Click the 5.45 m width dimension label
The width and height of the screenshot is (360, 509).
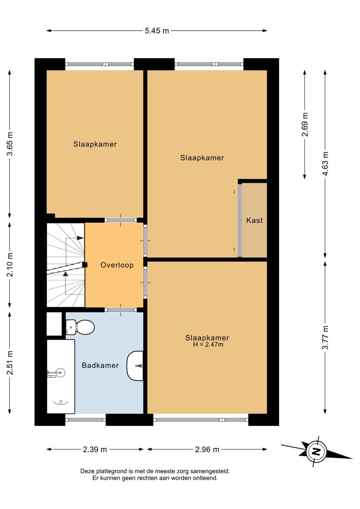(157, 31)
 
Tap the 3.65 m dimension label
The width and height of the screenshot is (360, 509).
(10, 144)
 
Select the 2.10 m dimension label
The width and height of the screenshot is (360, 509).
(10, 265)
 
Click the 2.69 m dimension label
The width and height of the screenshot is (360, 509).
(305, 124)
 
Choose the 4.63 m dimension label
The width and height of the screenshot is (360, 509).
(325, 163)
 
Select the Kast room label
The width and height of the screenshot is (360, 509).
(254, 220)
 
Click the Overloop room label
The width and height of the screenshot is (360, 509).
(117, 265)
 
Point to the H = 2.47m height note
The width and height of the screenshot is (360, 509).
(208, 345)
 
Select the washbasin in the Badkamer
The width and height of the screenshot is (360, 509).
(135, 366)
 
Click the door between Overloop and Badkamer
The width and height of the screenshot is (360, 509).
(121, 310)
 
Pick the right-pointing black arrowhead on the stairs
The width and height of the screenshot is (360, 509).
(80, 238)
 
